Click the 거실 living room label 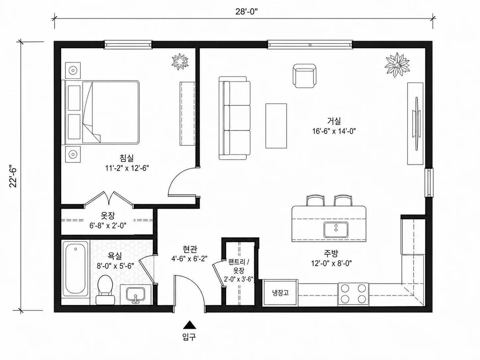tap(334, 121)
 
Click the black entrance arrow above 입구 tap(189, 325)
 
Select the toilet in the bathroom tap(105, 290)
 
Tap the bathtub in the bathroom tap(76, 269)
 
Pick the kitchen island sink tap(336, 230)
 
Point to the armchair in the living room tap(304, 76)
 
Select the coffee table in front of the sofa tap(276, 126)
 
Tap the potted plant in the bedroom tap(180, 61)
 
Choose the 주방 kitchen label tap(331, 254)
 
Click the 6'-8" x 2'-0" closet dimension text tap(108, 225)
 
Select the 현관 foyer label tap(190, 249)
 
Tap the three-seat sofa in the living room tap(235, 118)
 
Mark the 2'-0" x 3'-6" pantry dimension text tap(238, 279)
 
